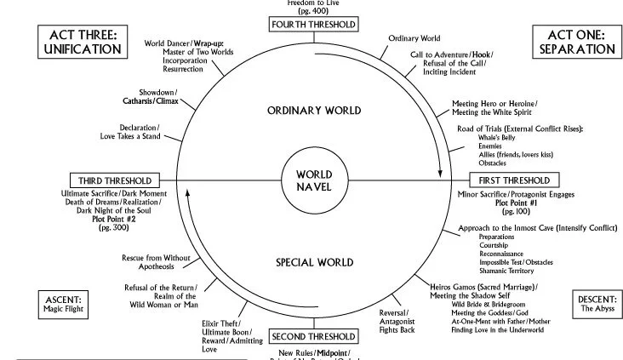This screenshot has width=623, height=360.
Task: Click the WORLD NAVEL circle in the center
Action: pyautogui.click(x=313, y=180)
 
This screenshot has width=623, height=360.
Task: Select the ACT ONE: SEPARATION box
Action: pyautogui.click(x=576, y=41)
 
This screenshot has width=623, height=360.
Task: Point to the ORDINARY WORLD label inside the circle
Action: pyautogui.click(x=313, y=111)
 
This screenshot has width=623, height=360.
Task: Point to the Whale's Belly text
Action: pyautogui.click(x=499, y=137)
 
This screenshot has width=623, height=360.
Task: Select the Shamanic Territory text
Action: pyautogui.click(x=508, y=271)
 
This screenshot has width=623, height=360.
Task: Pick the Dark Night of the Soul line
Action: pyautogui.click(x=115, y=209)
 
